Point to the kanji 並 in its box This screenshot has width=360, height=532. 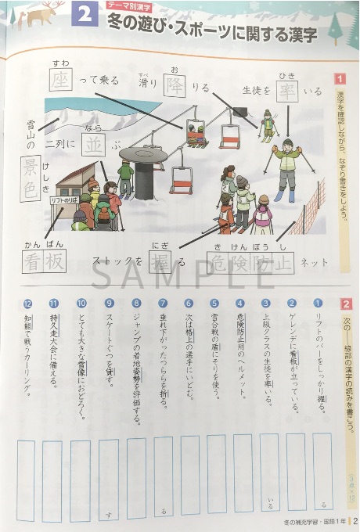tap(95, 144)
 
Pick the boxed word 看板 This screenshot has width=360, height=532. tap(44, 263)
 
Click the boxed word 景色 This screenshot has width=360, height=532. tap(31, 175)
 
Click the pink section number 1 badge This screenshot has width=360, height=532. tap(340, 79)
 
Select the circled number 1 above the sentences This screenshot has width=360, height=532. tap(318, 303)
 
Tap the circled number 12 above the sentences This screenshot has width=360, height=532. tap(27, 303)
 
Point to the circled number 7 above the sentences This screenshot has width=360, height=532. tap(162, 303)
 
